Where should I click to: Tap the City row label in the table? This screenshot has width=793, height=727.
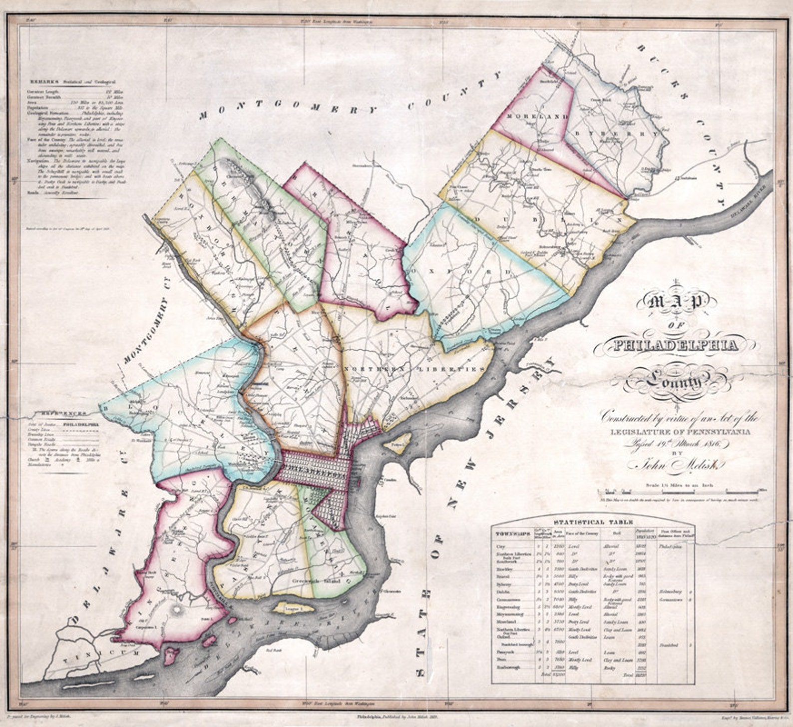[x=500, y=547]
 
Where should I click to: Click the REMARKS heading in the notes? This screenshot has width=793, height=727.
[x=44, y=81]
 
